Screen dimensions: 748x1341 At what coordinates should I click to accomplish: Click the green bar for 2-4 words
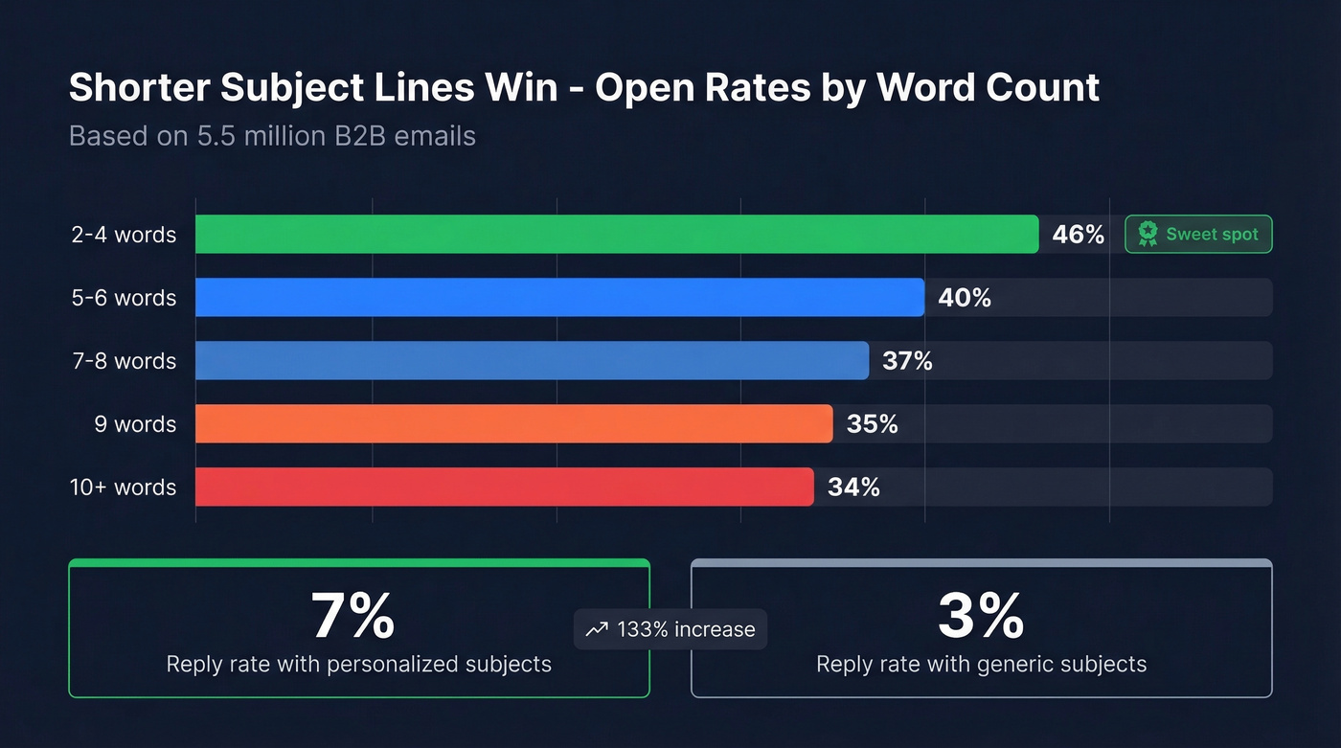coord(617,235)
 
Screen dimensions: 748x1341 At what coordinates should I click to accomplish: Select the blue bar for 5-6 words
coord(559,298)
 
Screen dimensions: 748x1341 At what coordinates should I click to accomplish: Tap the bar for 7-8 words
coord(532,361)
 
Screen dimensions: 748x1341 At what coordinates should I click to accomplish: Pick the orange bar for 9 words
coord(513,424)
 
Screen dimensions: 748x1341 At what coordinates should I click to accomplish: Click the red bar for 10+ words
coord(504,487)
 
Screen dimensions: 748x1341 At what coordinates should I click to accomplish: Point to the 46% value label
coord(1078,235)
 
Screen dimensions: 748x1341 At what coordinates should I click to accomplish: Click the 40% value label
coord(965,298)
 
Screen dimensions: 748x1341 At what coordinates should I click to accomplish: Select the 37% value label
coord(907,361)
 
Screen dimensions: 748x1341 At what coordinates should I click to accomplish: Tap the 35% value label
coord(872,424)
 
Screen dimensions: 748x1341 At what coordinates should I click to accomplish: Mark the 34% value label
coord(853,487)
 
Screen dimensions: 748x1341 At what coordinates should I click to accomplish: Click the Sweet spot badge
coord(1198,235)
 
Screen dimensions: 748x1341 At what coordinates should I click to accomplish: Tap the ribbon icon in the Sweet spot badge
coord(1148,234)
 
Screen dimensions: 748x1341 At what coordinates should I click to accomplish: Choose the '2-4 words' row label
coord(124,235)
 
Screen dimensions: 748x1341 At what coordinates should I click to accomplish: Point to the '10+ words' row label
coord(124,487)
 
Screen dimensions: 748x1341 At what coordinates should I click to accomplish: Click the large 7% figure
coord(352,616)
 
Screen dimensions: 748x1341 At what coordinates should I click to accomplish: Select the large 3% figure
coord(981,616)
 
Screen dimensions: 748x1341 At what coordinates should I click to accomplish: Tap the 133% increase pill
coord(670,629)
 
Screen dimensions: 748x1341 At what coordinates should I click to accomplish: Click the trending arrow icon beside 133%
coord(597,629)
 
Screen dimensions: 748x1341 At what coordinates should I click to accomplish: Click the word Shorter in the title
coord(138,88)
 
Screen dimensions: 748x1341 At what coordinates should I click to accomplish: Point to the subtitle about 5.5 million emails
coord(272,136)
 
